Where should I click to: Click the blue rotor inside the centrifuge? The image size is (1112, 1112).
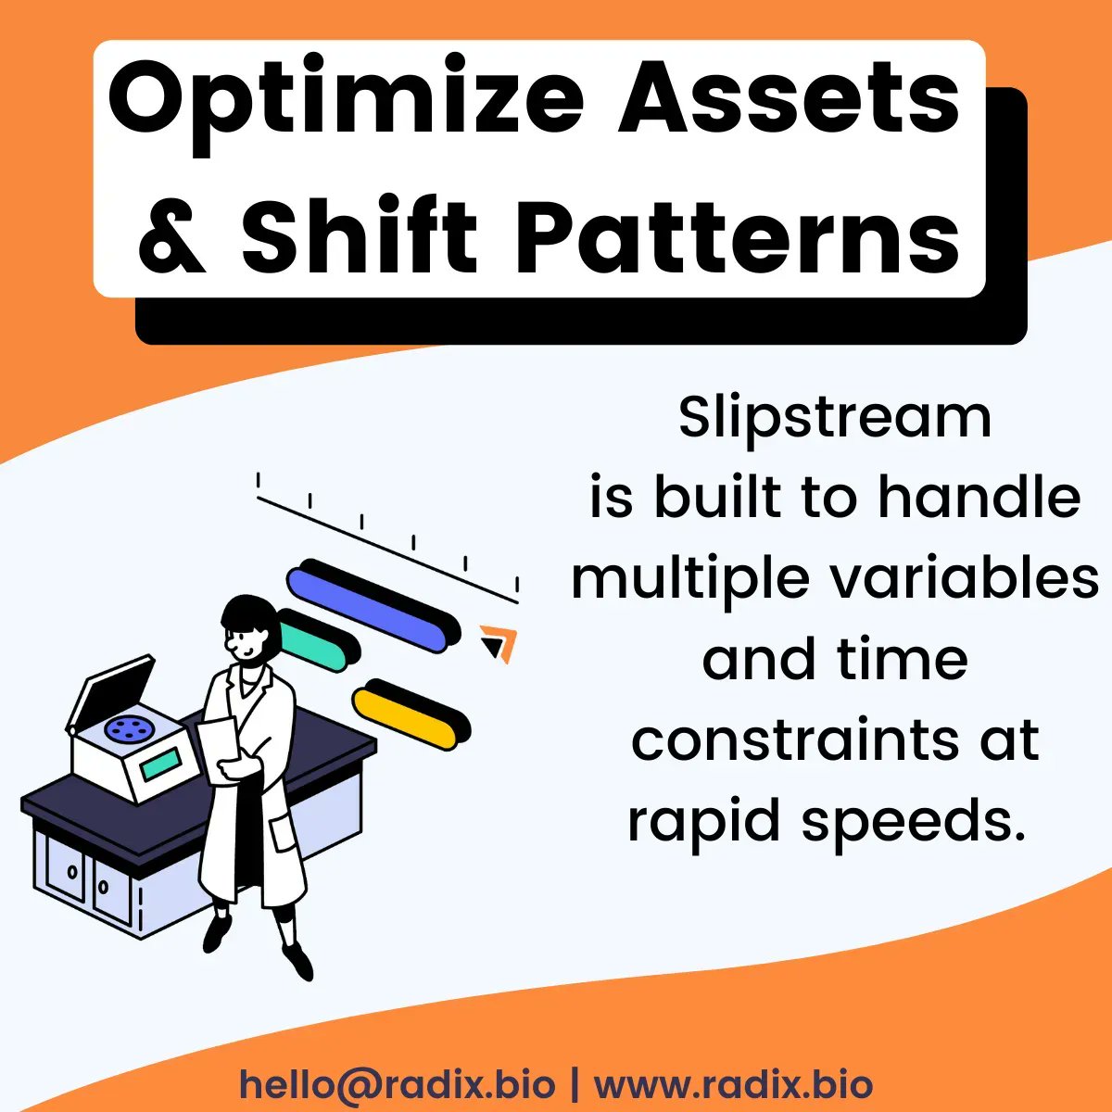pos(126,729)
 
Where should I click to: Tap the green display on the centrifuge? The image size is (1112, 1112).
pos(160,765)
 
